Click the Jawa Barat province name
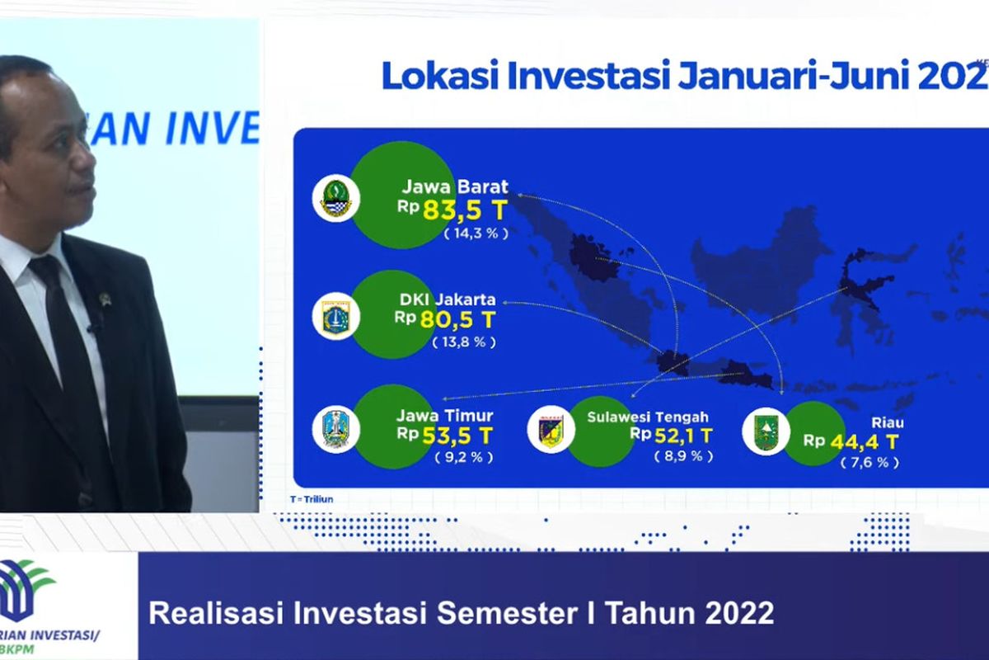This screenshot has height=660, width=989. [x=455, y=187]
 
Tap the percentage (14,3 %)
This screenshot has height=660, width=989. [x=476, y=233]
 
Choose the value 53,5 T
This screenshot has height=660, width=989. [x=457, y=435]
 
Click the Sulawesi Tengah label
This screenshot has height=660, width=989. [x=648, y=417]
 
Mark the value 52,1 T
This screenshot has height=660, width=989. [x=680, y=436]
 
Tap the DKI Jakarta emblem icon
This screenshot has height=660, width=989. [x=336, y=317]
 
